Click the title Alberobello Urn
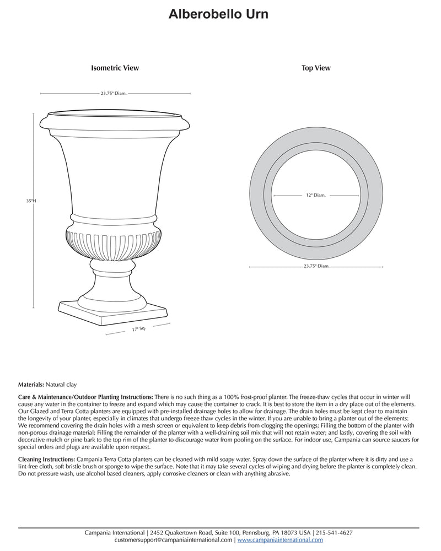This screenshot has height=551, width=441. [x=219, y=14]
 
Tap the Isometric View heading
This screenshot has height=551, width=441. [x=115, y=68]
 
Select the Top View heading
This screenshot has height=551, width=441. [x=316, y=68]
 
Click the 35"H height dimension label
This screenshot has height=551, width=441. [x=31, y=201]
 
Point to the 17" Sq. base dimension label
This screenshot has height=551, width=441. [x=138, y=329]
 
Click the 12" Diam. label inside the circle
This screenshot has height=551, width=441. [x=316, y=195]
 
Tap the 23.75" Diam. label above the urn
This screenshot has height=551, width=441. [x=114, y=94]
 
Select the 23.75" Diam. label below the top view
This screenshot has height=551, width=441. [x=316, y=266]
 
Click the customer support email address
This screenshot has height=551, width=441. [x=173, y=541]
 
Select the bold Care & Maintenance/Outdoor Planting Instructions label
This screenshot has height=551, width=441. [x=85, y=397]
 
